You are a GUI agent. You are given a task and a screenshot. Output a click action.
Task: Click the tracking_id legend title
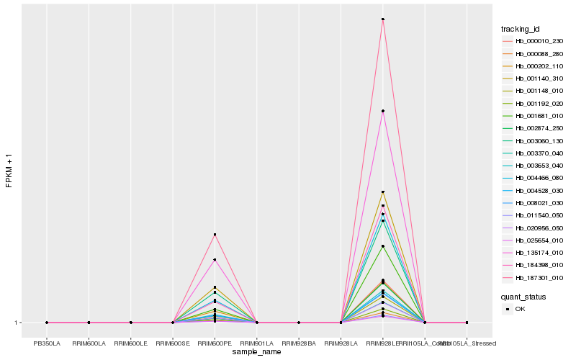(521, 29)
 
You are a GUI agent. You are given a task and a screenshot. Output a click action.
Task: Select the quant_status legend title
(523, 297)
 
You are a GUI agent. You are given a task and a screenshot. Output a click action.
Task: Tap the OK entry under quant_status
(520, 309)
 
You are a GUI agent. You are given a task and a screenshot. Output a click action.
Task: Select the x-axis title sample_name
(257, 352)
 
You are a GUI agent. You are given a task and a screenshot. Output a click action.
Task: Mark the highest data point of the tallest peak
(383, 19)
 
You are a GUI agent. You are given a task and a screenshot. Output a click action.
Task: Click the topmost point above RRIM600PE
(215, 235)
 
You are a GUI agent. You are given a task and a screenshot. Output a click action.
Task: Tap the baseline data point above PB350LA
(47, 323)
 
